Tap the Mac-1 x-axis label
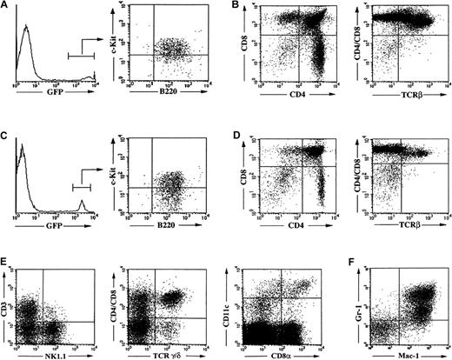(x=404, y=356)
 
